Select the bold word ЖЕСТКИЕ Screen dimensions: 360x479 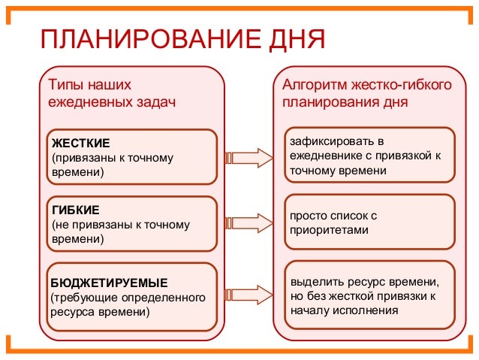pos(80,143)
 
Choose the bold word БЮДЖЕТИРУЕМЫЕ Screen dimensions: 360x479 pos(109,283)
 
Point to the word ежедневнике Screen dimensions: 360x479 pos(325,156)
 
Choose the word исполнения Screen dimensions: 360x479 pos(368,310)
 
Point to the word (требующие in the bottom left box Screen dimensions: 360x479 pos(80,297)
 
